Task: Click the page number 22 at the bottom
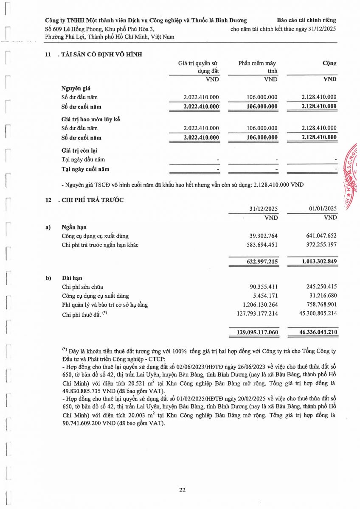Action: pos(182,490)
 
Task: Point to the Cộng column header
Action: pos(329,63)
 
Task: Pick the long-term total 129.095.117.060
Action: pos(258,333)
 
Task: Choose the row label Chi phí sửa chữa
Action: pos(82,287)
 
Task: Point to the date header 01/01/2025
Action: pos(323,208)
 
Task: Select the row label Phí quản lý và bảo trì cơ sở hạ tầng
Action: pos(105,305)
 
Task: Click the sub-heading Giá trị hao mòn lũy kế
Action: pos(91,119)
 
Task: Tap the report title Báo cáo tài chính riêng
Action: pos(306,20)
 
